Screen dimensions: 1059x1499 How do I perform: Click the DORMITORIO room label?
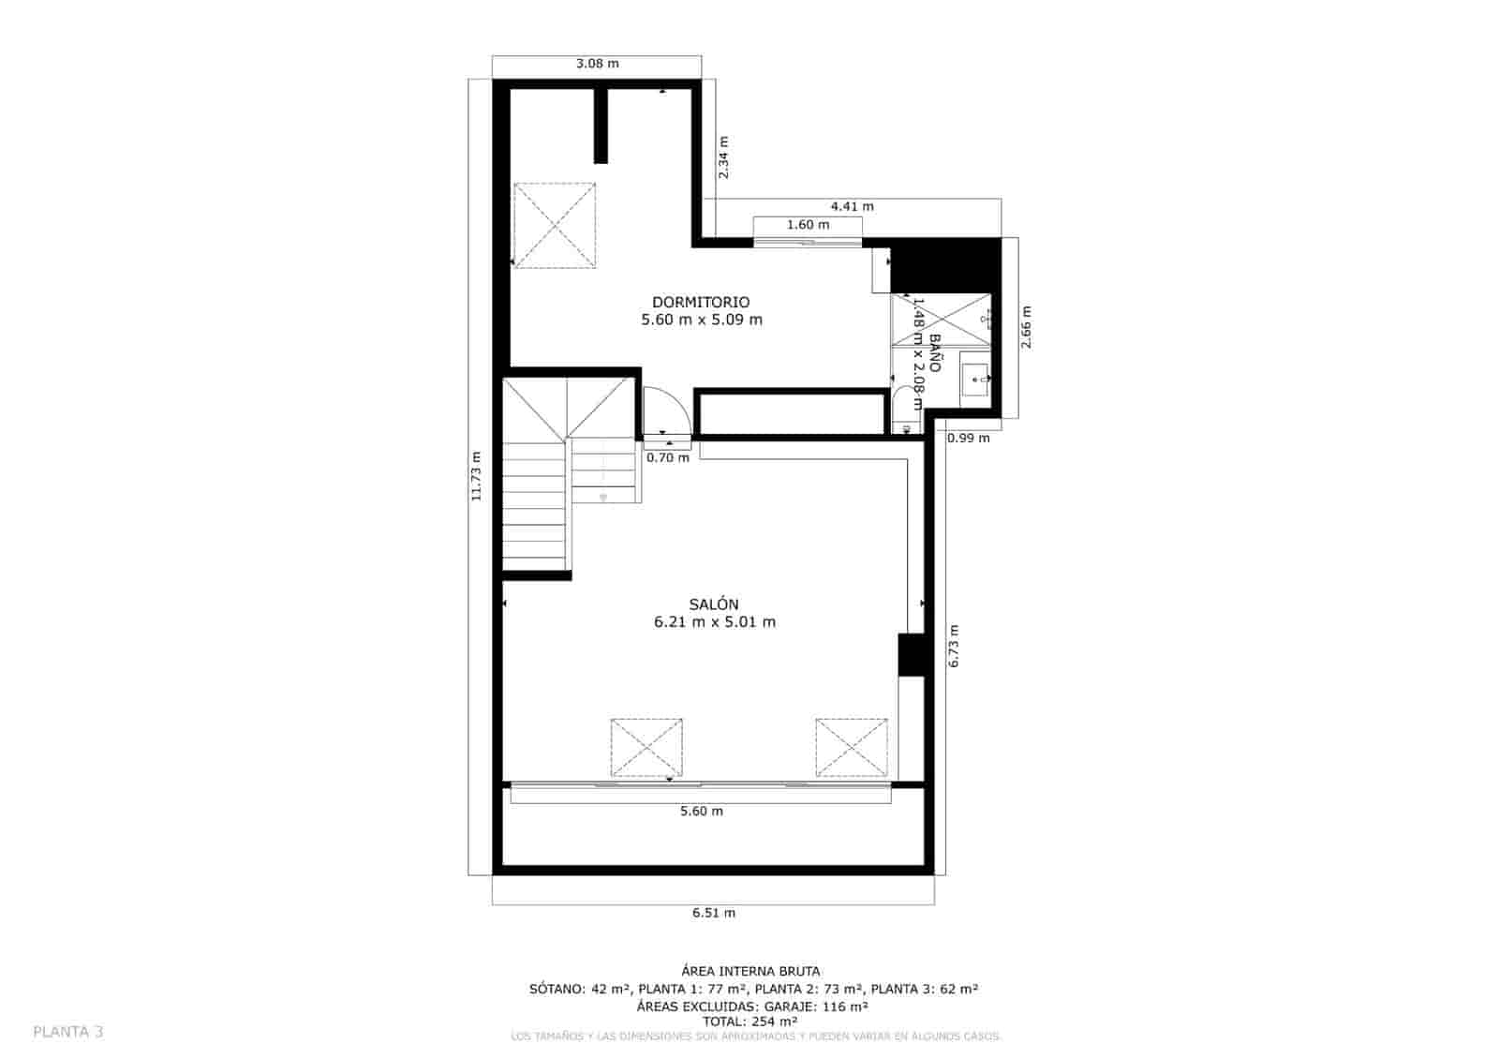[x=701, y=302]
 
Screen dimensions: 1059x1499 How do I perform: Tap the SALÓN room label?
[x=714, y=604]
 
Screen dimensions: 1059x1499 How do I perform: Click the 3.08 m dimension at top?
[x=597, y=64]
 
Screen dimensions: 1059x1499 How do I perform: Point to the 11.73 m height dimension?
[x=476, y=476]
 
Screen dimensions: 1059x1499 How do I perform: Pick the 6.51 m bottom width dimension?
[x=714, y=912]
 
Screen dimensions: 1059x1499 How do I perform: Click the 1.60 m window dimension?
[x=808, y=225]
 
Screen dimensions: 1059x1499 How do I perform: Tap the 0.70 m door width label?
[x=667, y=457]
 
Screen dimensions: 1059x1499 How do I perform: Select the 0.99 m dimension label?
[x=967, y=438]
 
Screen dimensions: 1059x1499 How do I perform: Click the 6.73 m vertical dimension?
[x=954, y=646]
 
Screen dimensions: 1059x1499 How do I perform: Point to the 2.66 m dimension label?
[x=1026, y=327]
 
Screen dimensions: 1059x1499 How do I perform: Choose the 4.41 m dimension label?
[x=852, y=206]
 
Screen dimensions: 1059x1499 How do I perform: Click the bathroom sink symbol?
[x=975, y=380]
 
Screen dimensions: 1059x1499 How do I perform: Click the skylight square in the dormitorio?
[x=554, y=225]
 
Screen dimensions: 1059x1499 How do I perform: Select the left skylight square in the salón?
[x=646, y=747]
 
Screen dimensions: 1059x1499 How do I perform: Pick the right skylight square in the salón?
[x=851, y=747]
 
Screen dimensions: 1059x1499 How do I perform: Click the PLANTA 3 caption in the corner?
[x=68, y=1032]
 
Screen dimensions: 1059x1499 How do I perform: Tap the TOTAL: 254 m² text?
[x=750, y=1022]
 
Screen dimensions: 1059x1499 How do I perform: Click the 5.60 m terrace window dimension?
[x=701, y=811]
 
